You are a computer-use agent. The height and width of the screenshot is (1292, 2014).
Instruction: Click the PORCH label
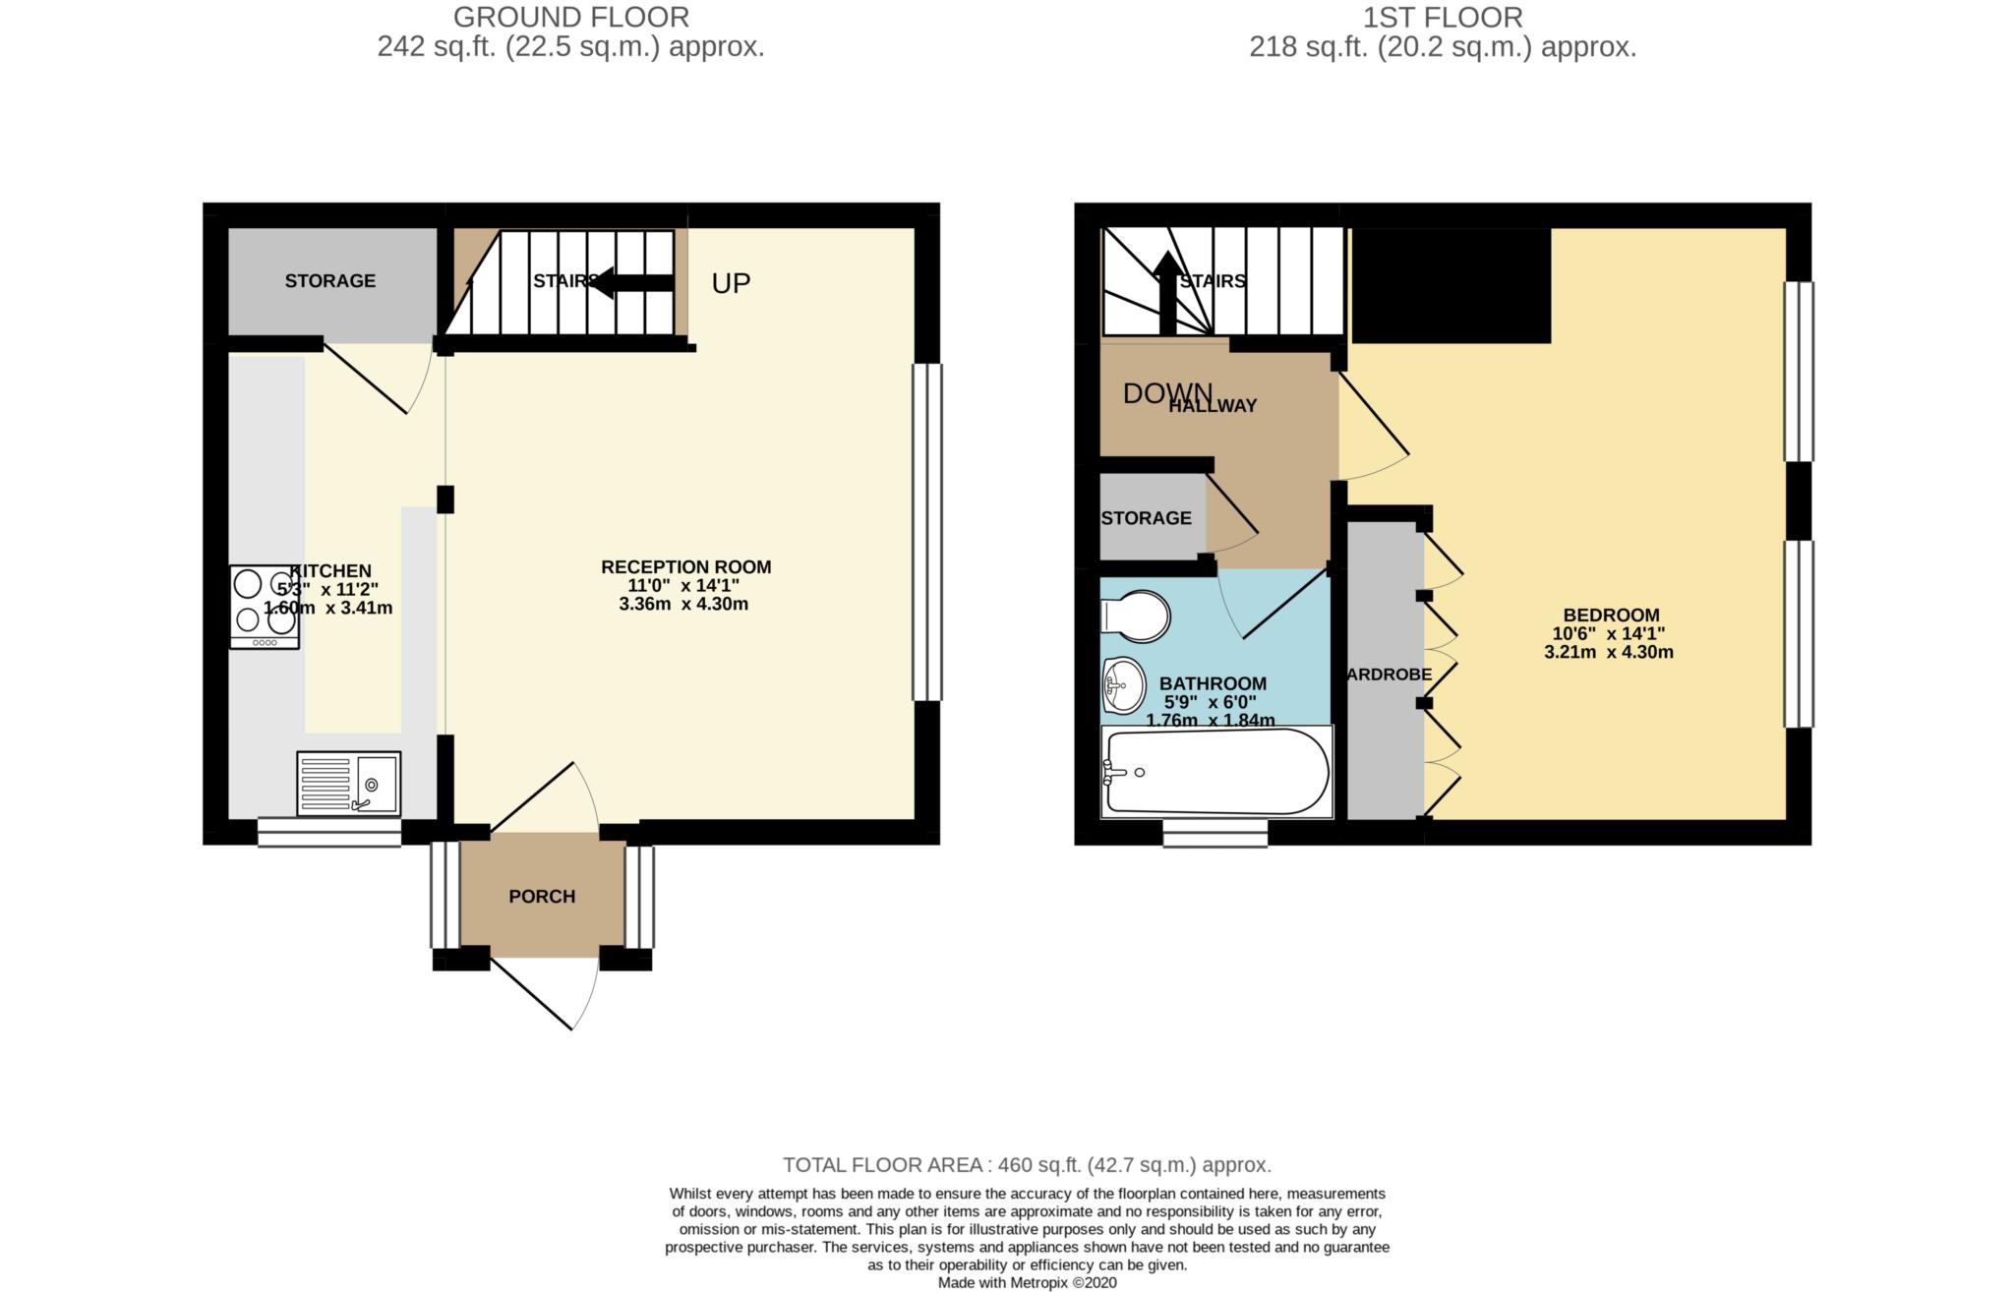542,896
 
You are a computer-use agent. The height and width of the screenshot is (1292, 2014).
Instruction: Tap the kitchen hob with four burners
264,606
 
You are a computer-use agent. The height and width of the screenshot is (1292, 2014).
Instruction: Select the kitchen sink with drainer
348,784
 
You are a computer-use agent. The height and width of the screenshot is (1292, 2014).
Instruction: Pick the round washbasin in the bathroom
1123,685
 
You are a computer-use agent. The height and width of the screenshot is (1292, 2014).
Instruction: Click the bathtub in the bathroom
1215,773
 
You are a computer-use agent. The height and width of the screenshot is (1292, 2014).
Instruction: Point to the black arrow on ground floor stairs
633,282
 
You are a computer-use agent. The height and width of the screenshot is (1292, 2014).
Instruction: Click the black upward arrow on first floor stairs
1167,293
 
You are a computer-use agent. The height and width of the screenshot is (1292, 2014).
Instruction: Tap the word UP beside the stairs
731,283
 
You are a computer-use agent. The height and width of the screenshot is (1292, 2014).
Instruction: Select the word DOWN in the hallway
1166,393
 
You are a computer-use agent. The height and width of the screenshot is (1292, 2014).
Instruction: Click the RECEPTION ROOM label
685,567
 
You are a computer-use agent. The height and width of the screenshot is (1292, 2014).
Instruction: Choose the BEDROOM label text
1610,616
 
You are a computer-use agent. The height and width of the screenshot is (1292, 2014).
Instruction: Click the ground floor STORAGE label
329,281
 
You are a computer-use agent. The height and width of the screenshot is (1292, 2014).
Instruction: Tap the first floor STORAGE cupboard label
1146,518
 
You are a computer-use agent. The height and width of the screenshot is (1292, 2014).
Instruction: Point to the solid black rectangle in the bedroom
1451,285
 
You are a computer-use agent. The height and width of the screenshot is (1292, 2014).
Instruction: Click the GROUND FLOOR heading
570,17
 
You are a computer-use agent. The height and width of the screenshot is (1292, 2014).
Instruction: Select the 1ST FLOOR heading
1443,17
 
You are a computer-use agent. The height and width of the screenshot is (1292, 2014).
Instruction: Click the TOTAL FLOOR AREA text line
1027,1165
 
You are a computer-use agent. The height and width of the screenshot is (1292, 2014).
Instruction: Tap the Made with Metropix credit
1027,1282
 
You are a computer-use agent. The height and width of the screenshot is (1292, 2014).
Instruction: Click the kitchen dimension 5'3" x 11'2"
327,589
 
